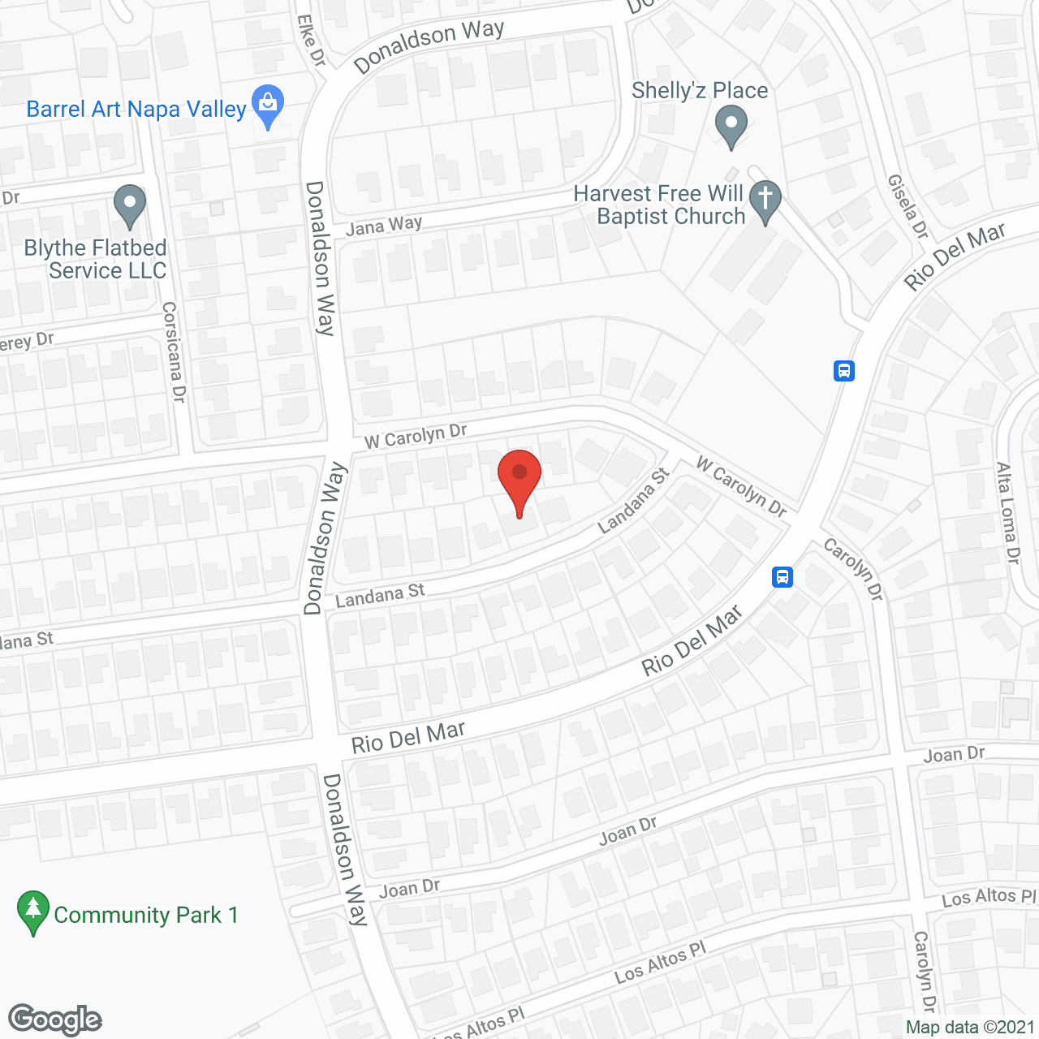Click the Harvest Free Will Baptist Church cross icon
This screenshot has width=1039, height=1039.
click(x=765, y=200)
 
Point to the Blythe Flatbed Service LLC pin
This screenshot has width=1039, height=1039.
click(x=129, y=205)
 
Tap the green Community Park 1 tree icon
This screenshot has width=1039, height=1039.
click(x=32, y=911)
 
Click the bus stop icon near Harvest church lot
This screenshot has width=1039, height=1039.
click(x=844, y=371)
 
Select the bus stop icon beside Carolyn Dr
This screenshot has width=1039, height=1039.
click(x=782, y=576)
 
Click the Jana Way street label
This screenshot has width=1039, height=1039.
click(x=384, y=225)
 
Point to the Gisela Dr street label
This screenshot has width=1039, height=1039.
click(x=908, y=206)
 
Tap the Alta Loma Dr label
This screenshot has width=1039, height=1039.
click(x=1007, y=513)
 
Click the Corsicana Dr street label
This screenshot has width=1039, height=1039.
click(x=174, y=351)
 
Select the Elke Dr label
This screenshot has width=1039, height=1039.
click(x=311, y=41)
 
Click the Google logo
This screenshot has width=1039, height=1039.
click(x=55, y=1020)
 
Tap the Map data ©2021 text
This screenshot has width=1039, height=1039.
click(x=970, y=1028)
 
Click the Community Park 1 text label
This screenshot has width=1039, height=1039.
click(x=146, y=916)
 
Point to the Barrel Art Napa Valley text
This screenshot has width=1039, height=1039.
click(x=136, y=110)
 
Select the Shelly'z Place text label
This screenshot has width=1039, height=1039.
click(x=700, y=90)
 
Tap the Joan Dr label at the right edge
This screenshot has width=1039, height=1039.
click(x=954, y=755)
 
